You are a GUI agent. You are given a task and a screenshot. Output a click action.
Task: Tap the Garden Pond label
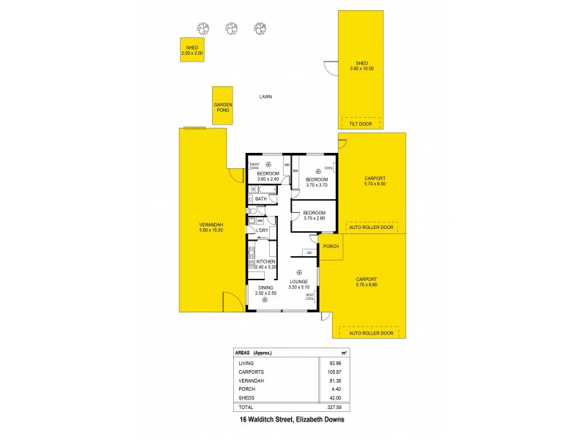pos(223,108)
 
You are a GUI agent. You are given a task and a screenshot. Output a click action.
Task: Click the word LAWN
pos(265,97)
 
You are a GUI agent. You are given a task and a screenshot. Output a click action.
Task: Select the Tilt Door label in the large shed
pos(361,123)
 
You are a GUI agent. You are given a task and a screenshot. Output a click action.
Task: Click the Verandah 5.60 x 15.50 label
pos(211,228)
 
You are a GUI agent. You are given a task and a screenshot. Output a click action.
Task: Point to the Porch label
pos(331,247)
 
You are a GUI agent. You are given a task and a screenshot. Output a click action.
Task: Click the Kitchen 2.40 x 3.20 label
pos(265,264)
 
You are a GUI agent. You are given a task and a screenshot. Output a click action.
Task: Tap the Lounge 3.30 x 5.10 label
pos(298,284)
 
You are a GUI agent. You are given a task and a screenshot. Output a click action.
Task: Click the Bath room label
pos(261,199)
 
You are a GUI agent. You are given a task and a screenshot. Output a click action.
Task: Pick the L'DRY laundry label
pos(262,230)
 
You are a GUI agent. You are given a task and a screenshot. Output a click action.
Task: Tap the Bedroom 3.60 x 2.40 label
pos(268,176)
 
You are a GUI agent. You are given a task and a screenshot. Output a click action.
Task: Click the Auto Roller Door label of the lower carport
pos(371,333)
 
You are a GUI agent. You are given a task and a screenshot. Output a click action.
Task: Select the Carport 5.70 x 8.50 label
pos(374,181)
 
